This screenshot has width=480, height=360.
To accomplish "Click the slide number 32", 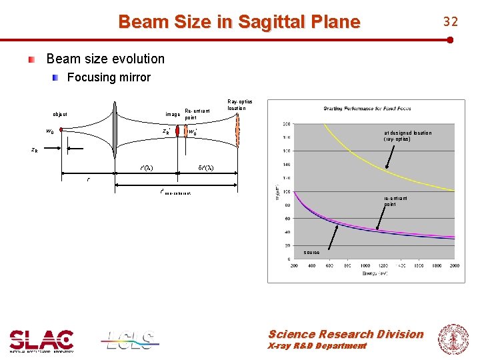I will [x=451, y=22].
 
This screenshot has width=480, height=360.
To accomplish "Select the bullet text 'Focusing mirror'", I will [x=109, y=77].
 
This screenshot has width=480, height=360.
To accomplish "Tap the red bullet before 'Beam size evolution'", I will [x=31, y=59].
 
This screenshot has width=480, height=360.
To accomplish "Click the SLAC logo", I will [x=41, y=341].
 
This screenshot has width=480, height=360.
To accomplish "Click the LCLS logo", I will [x=130, y=339].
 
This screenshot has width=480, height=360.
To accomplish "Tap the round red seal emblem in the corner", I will [x=452, y=339].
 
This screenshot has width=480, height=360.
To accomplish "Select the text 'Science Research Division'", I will [x=345, y=334].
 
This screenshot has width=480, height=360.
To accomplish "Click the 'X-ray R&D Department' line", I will [x=317, y=346].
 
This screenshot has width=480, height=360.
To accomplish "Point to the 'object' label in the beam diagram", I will [x=60, y=114].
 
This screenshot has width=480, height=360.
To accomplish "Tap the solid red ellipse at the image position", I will [x=178, y=131].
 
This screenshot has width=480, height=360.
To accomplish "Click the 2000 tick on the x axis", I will [x=453, y=265].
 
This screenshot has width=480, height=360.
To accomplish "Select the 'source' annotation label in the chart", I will [x=311, y=253].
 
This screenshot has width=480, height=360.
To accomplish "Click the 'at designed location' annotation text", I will [x=407, y=135].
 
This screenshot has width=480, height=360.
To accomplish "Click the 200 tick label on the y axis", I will [x=286, y=124].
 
